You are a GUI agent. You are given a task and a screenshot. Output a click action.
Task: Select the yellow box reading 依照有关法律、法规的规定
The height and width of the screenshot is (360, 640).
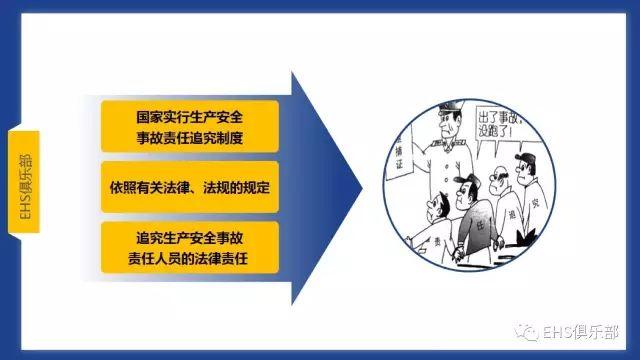(190, 185)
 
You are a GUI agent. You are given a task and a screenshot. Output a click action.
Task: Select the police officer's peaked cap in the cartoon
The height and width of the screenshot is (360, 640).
(441, 121)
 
